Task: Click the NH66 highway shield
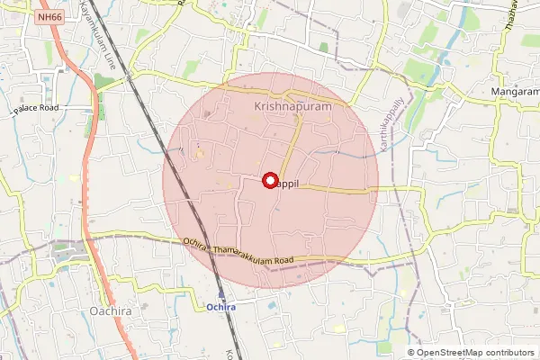tap(49, 16)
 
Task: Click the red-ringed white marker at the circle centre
tap(269, 181)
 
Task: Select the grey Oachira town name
tap(113, 312)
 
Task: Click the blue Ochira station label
tap(221, 307)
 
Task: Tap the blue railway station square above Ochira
tap(221, 293)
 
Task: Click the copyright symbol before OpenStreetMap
tap(411, 353)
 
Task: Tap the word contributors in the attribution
tap(508, 353)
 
